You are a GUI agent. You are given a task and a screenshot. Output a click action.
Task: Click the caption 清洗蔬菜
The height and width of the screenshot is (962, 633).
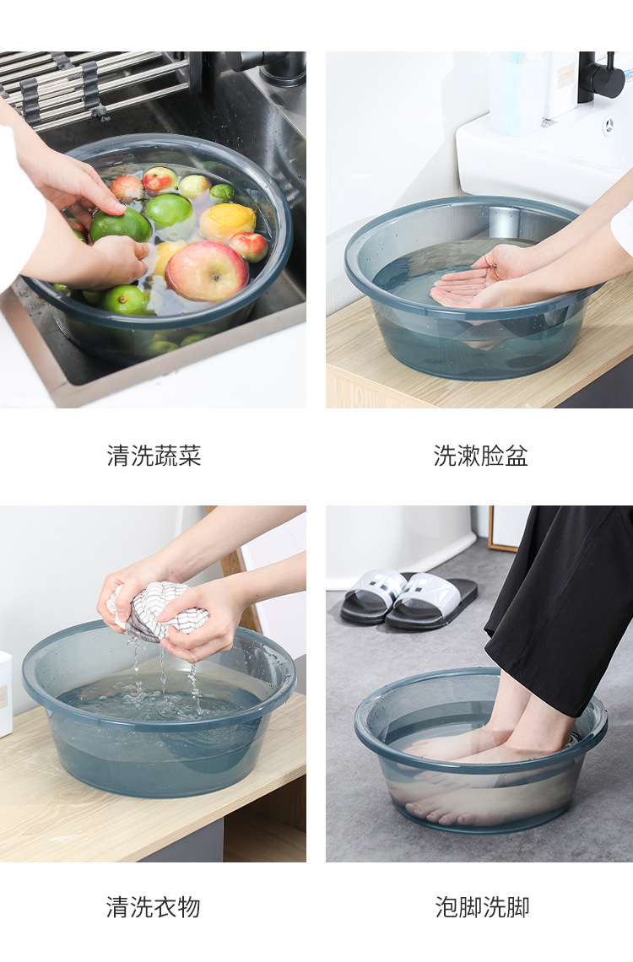tap(154, 457)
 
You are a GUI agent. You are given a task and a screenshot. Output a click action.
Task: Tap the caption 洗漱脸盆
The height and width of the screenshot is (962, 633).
tap(480, 457)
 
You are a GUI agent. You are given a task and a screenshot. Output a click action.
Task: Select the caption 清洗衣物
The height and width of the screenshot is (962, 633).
tap(154, 907)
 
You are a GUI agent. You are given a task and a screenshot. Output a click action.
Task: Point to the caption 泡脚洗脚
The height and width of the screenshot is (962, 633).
tap(482, 907)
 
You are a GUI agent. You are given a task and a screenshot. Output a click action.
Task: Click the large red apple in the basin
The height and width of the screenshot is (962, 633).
tap(207, 271)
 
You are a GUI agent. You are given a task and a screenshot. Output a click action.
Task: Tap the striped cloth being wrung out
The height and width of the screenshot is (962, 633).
tap(160, 609)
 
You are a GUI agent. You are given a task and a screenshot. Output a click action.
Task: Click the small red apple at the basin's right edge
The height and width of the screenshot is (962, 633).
tap(250, 246)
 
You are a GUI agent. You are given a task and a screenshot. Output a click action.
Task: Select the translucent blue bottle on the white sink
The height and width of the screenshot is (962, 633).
tap(517, 93)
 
